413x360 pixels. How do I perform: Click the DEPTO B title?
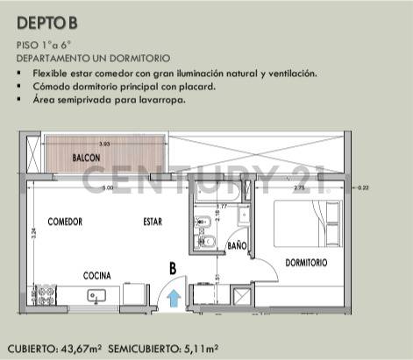46,24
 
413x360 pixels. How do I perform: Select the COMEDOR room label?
65,222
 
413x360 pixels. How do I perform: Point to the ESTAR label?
153,222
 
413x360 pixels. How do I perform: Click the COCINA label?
96,276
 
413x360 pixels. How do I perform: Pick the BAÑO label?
237,246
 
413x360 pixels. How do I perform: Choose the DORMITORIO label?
305,263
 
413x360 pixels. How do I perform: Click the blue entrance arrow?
174,298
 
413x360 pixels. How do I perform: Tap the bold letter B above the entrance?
173,269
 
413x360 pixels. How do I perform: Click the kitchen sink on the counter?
96,297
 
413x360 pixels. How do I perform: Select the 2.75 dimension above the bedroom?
298,187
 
